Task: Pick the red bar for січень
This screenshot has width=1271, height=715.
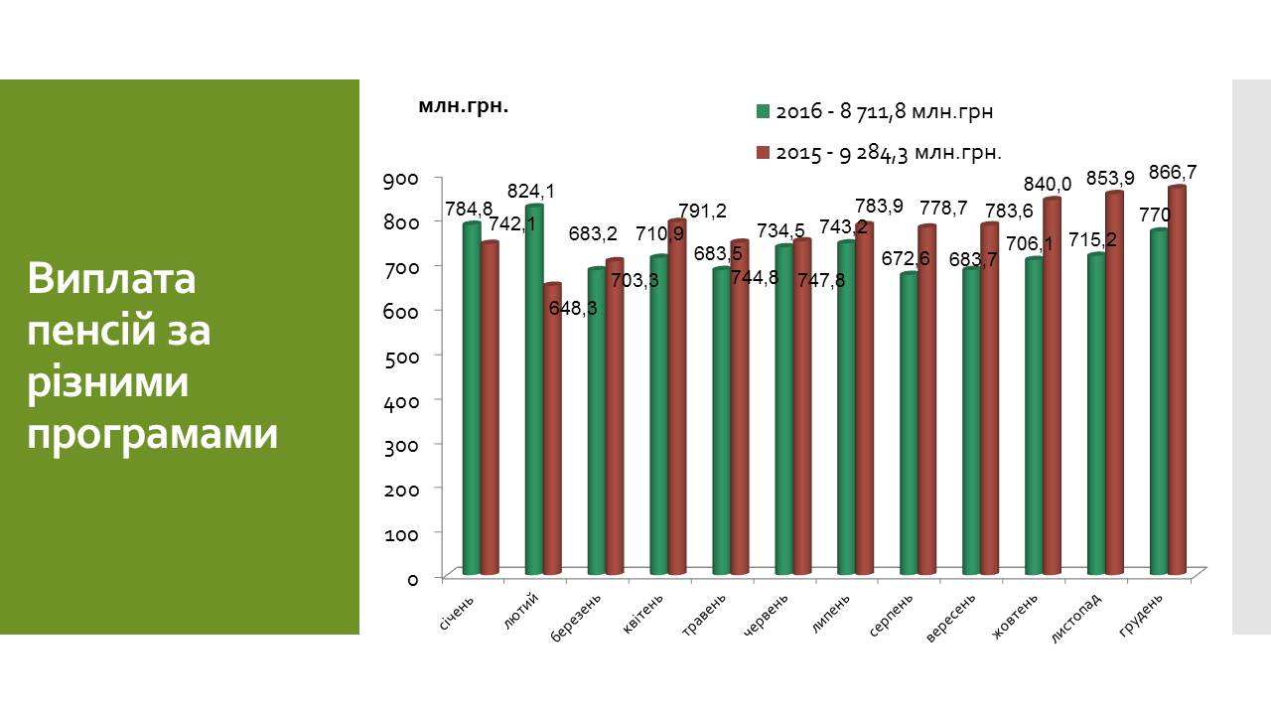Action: tap(490, 408)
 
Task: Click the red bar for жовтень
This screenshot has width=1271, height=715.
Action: tap(1052, 386)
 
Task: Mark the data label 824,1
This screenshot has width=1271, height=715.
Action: tap(531, 191)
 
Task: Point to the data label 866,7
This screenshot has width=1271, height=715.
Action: tap(1173, 172)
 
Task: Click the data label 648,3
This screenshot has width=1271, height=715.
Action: tap(573, 308)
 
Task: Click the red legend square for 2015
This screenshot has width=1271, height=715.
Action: tap(763, 153)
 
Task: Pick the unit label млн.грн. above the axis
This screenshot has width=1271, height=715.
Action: tap(463, 106)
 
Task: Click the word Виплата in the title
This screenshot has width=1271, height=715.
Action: tap(113, 280)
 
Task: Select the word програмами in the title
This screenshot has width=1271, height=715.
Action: tap(153, 434)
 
